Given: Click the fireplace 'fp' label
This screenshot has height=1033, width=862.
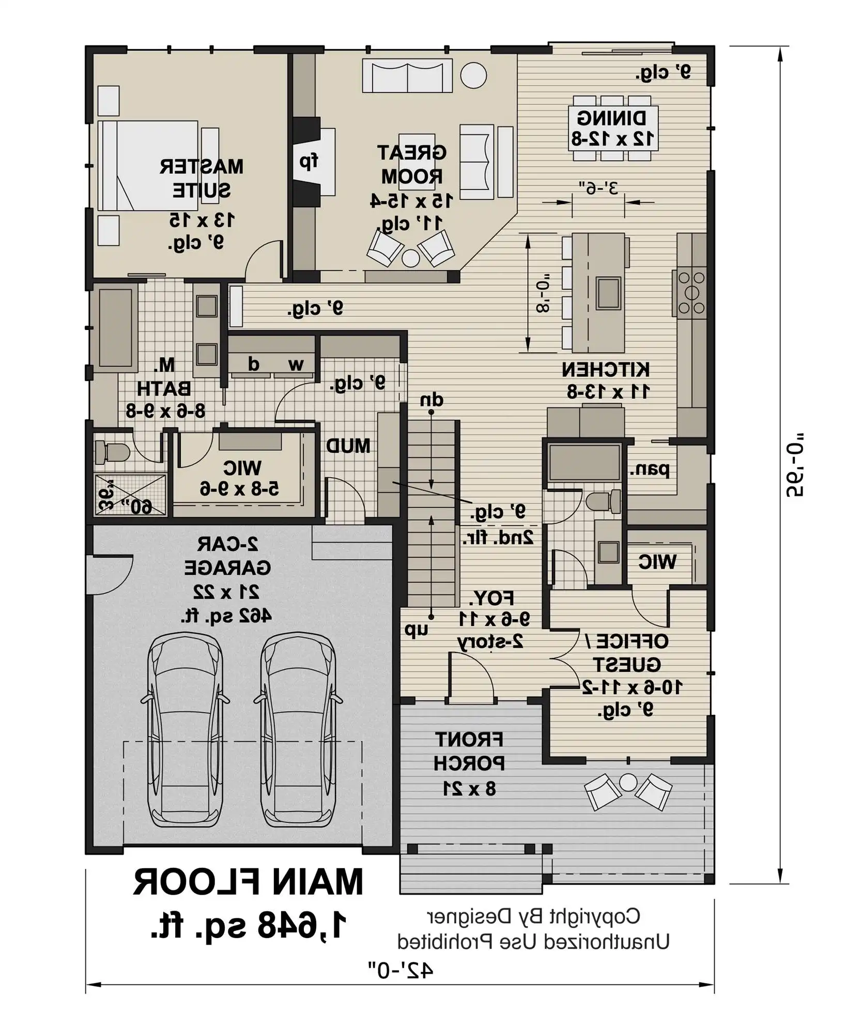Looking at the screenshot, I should pos(309,162).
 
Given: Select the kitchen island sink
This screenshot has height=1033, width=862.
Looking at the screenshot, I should pos(608,293).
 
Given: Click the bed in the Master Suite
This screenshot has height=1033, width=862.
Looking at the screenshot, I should pos(148,165).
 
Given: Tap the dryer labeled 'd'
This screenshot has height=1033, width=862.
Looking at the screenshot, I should pos(253,364).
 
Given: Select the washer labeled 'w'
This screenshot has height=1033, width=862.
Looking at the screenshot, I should pos(295,364).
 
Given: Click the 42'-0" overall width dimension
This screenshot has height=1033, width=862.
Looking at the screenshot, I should pos(401,984).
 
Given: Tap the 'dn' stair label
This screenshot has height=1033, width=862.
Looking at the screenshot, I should pos(432,400).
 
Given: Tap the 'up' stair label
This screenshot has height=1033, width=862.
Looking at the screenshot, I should pos(416,629).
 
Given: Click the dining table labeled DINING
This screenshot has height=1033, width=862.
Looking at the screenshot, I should pos(613,128).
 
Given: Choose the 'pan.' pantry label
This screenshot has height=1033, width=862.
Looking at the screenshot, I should pos(650,469).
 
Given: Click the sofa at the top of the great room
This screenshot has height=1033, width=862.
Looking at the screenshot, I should pos(407,76).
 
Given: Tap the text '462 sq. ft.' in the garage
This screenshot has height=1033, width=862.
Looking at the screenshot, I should pos(226,615).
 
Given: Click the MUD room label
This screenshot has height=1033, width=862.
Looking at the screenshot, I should pos(348,446).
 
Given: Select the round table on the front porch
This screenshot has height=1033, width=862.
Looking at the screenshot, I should pos(628,782).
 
